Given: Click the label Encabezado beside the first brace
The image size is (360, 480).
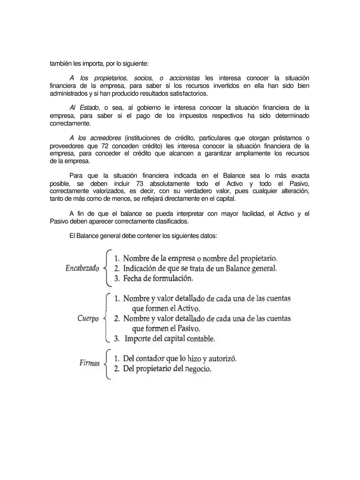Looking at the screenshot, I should [82, 268].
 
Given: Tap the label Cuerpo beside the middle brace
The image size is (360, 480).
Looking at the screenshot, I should [88, 319].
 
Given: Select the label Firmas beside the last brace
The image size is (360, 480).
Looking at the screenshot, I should [90, 364].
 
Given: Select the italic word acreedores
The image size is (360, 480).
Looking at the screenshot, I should [106, 138].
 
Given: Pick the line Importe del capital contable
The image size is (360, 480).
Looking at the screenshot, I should [170, 339].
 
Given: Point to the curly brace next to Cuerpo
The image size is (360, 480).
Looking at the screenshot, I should [106, 318].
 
